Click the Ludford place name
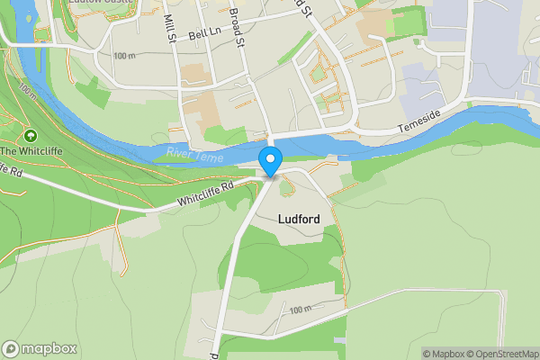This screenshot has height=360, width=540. (x=300, y=219)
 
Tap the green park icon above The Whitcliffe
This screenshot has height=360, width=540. (x=31, y=136)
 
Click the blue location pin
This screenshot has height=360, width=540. (x=270, y=161)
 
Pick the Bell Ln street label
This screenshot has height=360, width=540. (x=204, y=35)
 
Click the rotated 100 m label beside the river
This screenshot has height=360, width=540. (x=27, y=92)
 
